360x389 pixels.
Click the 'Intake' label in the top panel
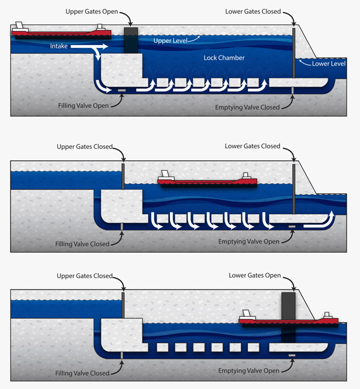click(x=60, y=46)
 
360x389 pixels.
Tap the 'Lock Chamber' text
click(x=224, y=58)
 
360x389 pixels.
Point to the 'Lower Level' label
click(x=328, y=64)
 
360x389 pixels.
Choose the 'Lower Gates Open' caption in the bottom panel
click(x=255, y=276)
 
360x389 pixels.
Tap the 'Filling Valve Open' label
click(x=84, y=106)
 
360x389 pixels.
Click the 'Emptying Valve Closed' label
click(x=247, y=108)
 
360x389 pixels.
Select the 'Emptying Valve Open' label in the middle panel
click(x=248, y=242)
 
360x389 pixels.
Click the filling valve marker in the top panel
click(x=122, y=90)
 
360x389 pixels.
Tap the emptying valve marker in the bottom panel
click(x=292, y=355)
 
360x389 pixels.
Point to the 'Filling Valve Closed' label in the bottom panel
click(x=82, y=373)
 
